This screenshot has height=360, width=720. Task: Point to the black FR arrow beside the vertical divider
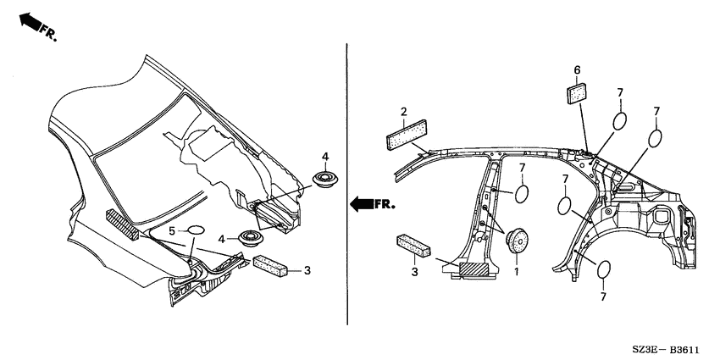click(362, 204)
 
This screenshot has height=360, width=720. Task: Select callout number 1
click(516, 272)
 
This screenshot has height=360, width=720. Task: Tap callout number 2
click(403, 112)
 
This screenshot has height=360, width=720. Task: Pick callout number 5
click(172, 231)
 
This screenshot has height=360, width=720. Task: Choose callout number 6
click(577, 70)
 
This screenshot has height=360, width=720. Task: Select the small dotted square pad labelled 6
click(577, 94)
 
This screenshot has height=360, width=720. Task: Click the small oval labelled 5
click(195, 230)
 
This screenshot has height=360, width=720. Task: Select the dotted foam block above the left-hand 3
click(270, 266)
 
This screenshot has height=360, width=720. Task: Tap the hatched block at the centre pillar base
click(474, 269)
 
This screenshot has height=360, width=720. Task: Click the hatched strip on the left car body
click(123, 224)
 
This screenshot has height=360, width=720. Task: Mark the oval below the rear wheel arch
click(604, 269)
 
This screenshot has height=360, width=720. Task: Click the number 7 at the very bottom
click(603, 296)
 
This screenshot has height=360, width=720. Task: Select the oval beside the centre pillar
click(522, 194)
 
